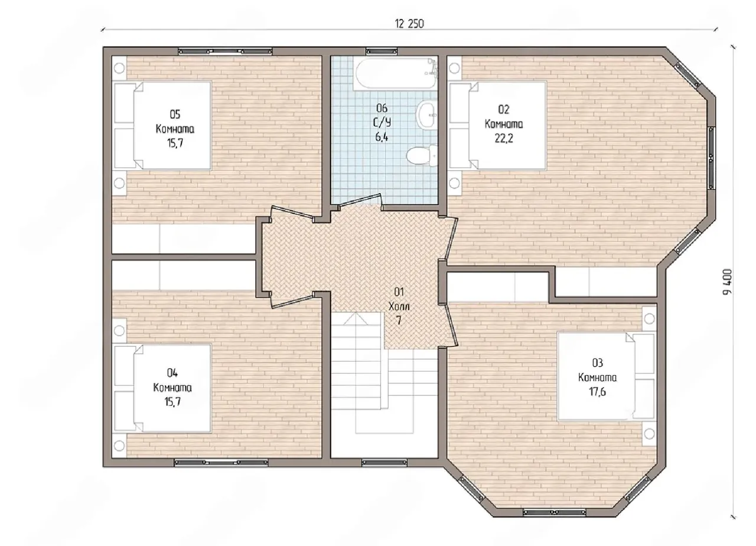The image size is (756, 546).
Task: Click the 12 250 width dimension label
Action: coord(409,24)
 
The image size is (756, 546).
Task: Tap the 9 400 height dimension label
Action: coord(727,282)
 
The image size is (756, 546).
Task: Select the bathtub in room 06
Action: coord(395,74)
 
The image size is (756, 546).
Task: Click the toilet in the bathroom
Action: coord(422,155)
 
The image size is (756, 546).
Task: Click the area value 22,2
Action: coord(504,138)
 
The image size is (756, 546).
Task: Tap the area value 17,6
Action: coord(597,392)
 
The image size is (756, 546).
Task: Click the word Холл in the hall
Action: coord(399,306)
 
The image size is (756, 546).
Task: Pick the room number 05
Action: coord(175,115)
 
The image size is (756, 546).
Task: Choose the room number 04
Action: coord(172,373)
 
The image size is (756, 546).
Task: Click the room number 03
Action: coord(597,363)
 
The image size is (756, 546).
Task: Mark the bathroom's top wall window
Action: coord(382,51)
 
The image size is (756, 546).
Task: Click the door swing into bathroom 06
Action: coord(360,200)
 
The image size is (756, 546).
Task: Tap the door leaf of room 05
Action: coord(292,213)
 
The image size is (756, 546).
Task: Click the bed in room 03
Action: coord(607,376)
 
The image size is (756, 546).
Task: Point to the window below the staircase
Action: coord(384,462)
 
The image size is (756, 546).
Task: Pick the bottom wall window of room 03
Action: coord(555,512)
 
